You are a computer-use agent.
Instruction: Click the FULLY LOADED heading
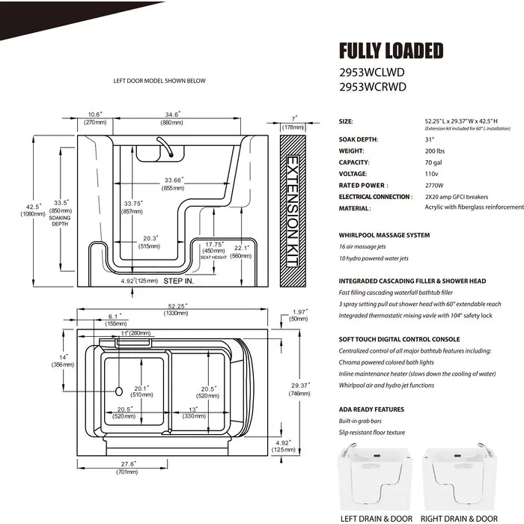point(391,51)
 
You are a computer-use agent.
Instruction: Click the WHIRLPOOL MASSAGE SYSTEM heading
point(384,235)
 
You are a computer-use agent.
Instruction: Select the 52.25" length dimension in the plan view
point(176,306)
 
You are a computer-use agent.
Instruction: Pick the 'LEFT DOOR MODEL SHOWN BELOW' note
point(158,81)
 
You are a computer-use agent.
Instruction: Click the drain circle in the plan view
point(118,390)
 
